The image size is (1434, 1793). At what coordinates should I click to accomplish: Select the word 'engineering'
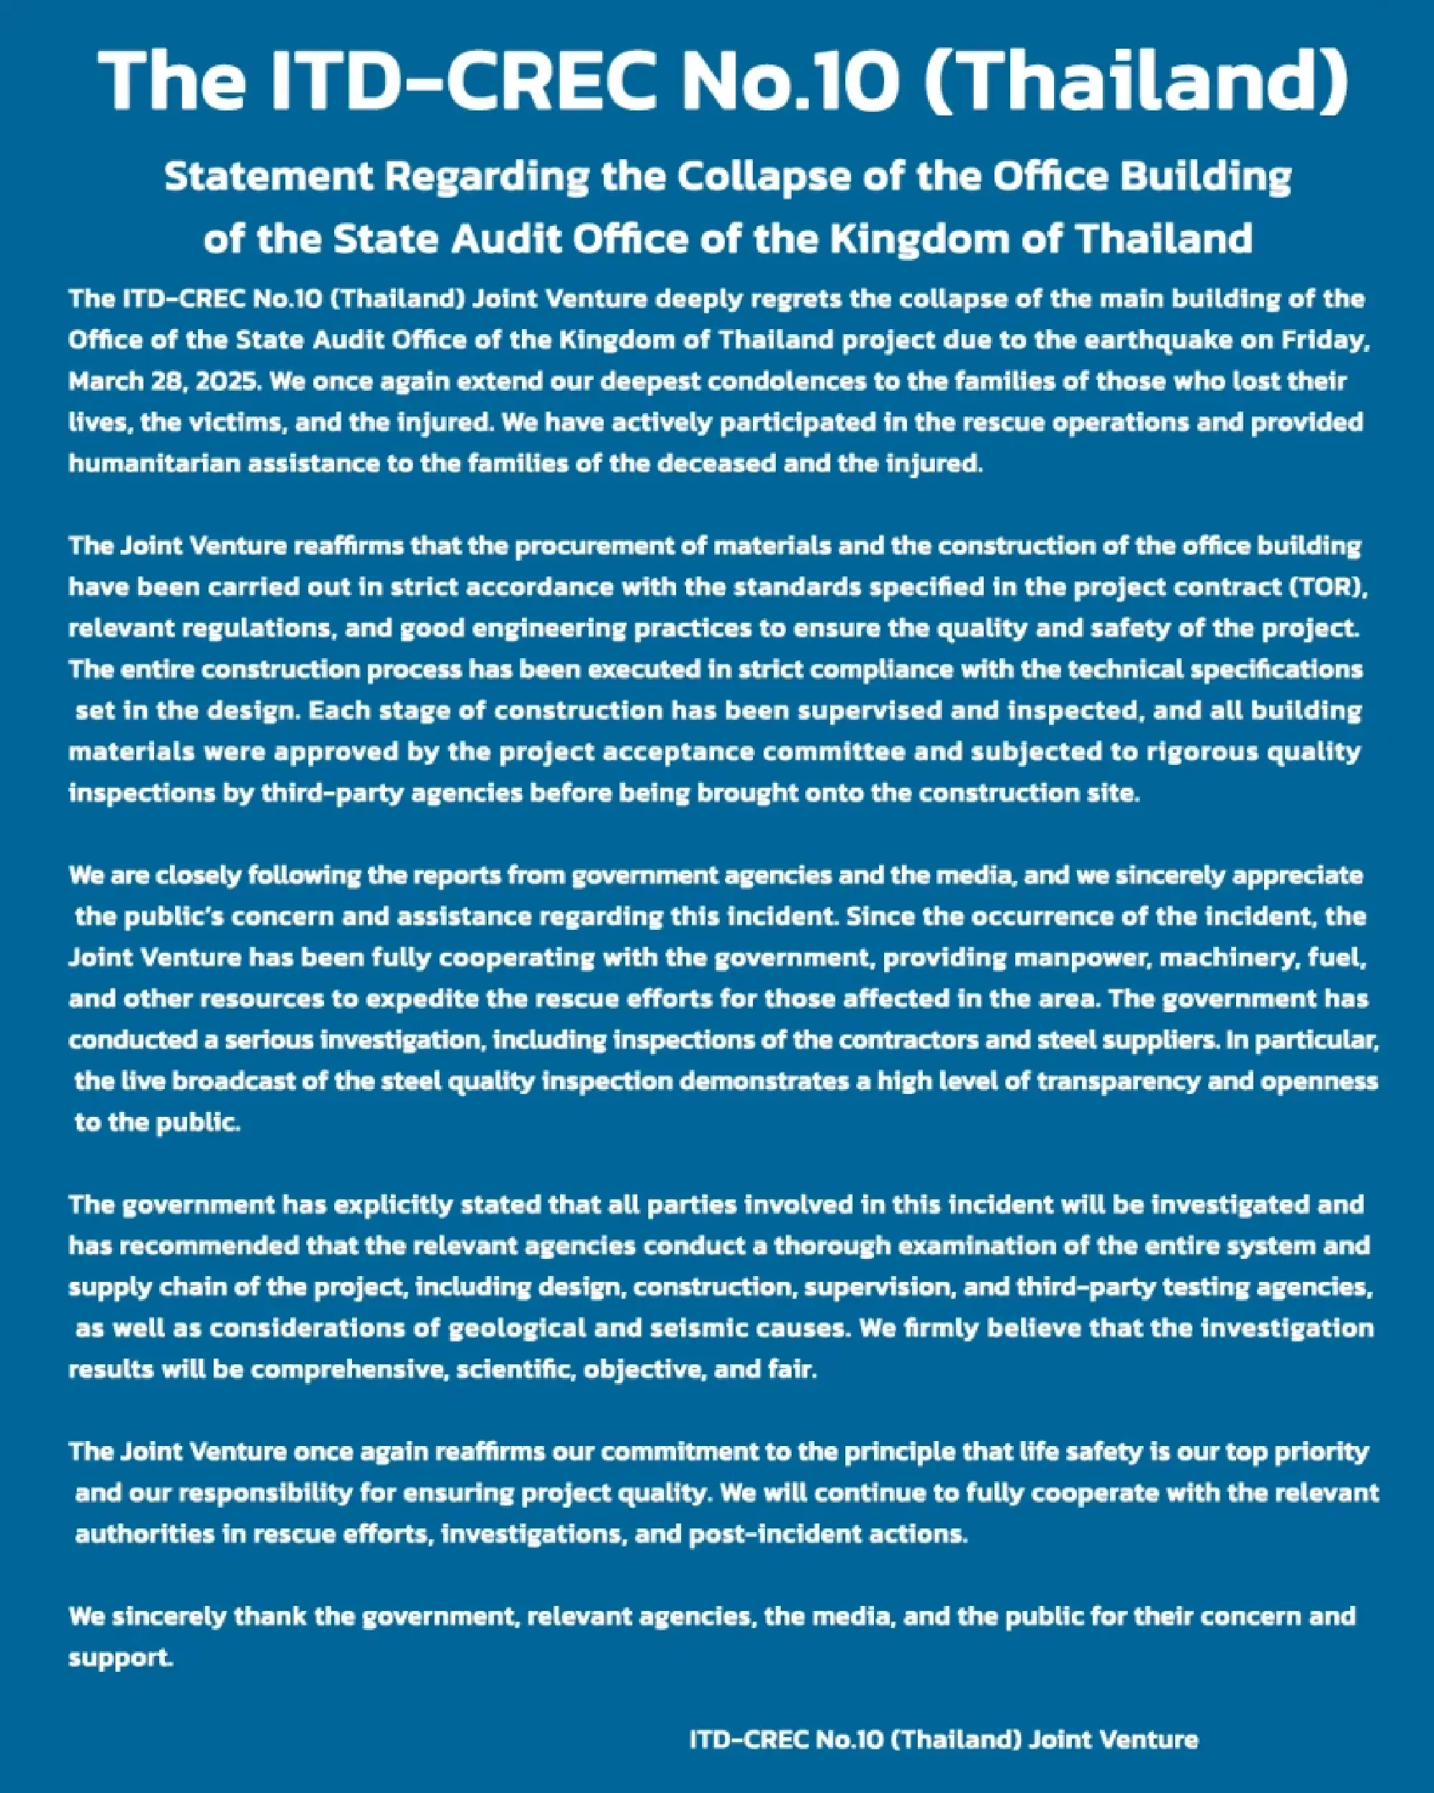point(513,628)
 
